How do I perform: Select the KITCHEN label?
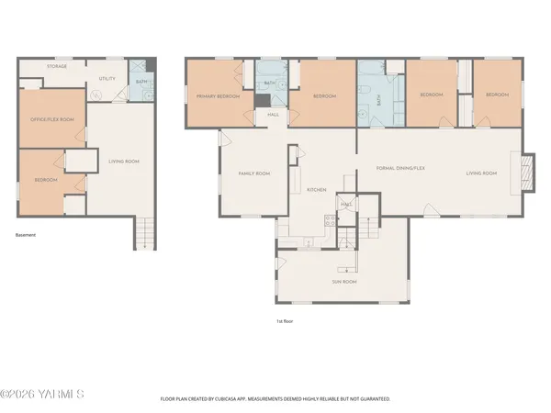pyautogui.click(x=317, y=189)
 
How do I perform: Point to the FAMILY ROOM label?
pyautogui.click(x=253, y=173)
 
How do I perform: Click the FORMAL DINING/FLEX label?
pyautogui.click(x=401, y=169)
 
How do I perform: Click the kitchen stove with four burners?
pyautogui.click(x=327, y=220)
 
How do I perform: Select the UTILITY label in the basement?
pyautogui.click(x=107, y=79)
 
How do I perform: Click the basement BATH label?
pyautogui.click(x=141, y=82)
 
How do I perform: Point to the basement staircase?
pyautogui.click(x=142, y=233)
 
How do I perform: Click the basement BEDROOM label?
pyautogui.click(x=45, y=180)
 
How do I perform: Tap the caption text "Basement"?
pyautogui.click(x=26, y=235)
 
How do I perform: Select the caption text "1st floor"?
pyautogui.click(x=285, y=321)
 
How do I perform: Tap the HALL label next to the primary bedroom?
pyautogui.click(x=273, y=115)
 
